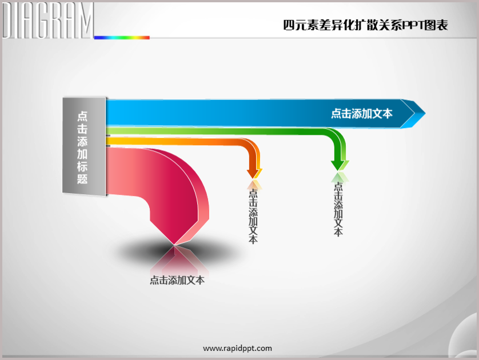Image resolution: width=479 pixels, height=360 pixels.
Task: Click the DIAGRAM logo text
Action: tap(47, 20)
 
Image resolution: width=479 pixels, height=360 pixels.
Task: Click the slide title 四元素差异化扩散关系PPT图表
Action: tap(365, 25)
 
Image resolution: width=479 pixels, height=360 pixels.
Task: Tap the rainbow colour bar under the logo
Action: tap(122, 38)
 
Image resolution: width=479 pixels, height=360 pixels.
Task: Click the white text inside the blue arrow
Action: tap(362, 114)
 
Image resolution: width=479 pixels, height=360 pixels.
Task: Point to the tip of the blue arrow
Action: tap(425, 113)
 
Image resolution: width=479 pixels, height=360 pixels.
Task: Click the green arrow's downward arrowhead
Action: tap(340, 165)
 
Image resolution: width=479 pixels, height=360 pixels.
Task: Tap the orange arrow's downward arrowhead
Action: tap(254, 173)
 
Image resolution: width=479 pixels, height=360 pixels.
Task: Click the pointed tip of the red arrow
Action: tap(174, 245)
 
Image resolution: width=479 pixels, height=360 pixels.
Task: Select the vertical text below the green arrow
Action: tap(338, 209)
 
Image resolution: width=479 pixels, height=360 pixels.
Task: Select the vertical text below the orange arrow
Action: tap(253, 216)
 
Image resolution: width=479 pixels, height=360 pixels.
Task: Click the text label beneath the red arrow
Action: tap(177, 280)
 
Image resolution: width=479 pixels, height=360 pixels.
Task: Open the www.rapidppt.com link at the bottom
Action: tap(237, 349)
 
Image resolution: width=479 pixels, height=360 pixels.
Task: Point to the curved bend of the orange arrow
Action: tap(251, 145)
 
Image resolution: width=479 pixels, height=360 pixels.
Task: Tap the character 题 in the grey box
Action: tap(82, 179)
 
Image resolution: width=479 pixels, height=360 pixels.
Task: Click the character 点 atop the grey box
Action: tap(82, 116)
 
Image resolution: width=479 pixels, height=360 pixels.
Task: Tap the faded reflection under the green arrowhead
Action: tap(340, 177)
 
